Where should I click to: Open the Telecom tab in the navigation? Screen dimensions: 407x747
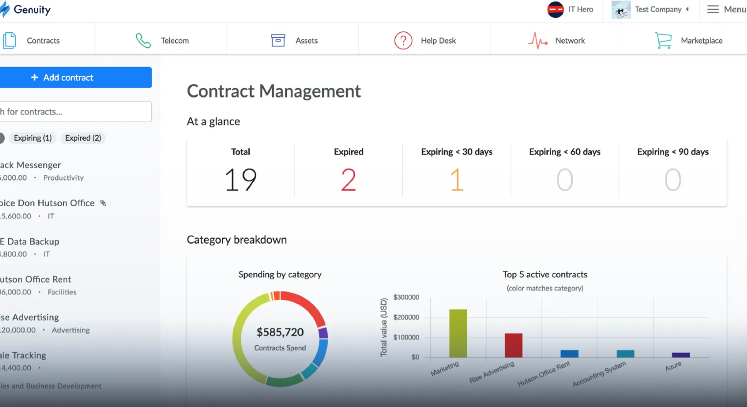pyautogui.click(x=162, y=41)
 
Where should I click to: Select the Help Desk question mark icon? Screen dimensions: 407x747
pyautogui.click(x=403, y=41)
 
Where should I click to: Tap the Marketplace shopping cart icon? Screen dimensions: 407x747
pyautogui.click(x=663, y=41)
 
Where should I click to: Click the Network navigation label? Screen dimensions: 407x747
pyautogui.click(x=570, y=41)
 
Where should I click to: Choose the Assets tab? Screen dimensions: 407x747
pyautogui.click(x=294, y=41)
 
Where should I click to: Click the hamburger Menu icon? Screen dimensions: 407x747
pyautogui.click(x=713, y=9)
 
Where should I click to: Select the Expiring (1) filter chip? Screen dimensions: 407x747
pyautogui.click(x=33, y=138)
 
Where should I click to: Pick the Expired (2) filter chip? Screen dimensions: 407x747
pyautogui.click(x=83, y=138)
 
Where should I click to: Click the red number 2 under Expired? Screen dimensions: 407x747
pyautogui.click(x=349, y=180)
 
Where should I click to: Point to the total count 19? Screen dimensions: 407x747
pyautogui.click(x=240, y=180)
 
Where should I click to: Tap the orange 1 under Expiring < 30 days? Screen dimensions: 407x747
pyautogui.click(x=456, y=180)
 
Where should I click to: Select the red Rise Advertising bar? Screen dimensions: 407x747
pyautogui.click(x=514, y=345)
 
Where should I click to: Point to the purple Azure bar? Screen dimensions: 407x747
pyautogui.click(x=680, y=355)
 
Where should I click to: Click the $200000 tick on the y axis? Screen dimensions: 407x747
pyautogui.click(x=406, y=317)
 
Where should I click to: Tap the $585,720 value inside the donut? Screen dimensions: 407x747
pyautogui.click(x=280, y=332)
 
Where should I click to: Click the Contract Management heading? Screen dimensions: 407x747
pyautogui.click(x=274, y=91)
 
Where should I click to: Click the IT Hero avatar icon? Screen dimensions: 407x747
pyautogui.click(x=555, y=9)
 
